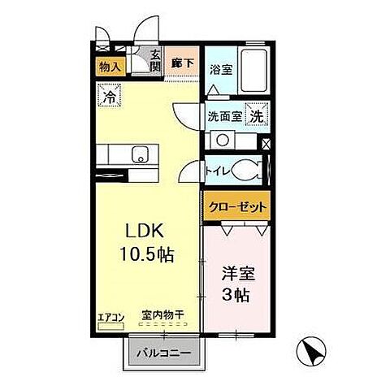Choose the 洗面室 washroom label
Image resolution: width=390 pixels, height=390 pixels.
[223, 115]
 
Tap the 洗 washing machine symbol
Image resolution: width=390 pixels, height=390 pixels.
[256, 115]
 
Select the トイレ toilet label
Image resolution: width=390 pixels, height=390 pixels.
[216, 171]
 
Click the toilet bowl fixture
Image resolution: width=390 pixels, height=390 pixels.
[246, 171]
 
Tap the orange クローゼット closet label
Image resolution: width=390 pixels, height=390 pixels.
[236, 206]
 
